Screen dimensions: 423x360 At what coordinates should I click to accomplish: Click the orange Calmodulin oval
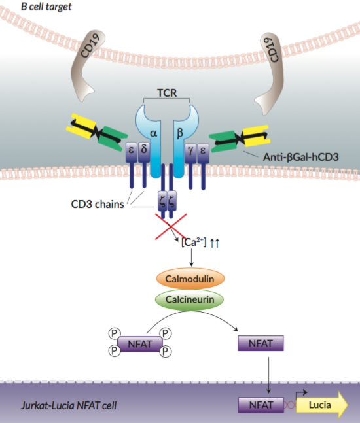[x=190, y=278]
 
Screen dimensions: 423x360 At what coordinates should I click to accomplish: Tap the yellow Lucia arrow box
[x=319, y=405]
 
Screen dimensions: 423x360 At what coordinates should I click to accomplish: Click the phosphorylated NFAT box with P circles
[x=139, y=342]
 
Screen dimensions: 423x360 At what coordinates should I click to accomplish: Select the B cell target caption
[x=37, y=7]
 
